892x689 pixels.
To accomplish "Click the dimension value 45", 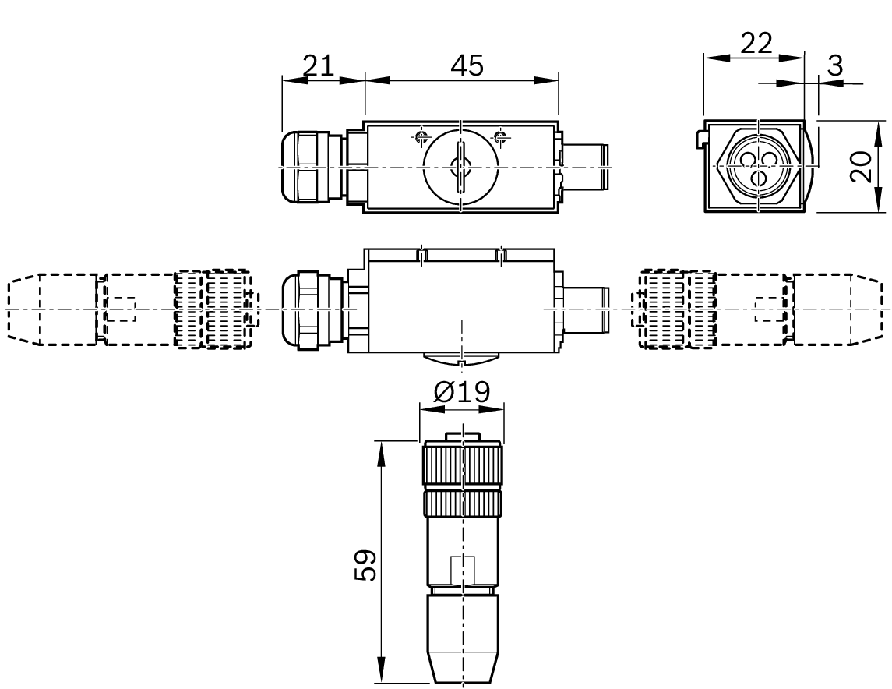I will pyautogui.click(x=465, y=66).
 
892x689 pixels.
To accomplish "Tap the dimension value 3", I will pyautogui.click(x=834, y=66).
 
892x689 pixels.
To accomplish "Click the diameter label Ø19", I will pyautogui.click(x=462, y=392).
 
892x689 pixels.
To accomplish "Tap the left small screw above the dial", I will pyautogui.click(x=421, y=138).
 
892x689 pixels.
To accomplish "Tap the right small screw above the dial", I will pyautogui.click(x=501, y=138).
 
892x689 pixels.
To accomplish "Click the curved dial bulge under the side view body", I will pyautogui.click(x=462, y=359).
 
